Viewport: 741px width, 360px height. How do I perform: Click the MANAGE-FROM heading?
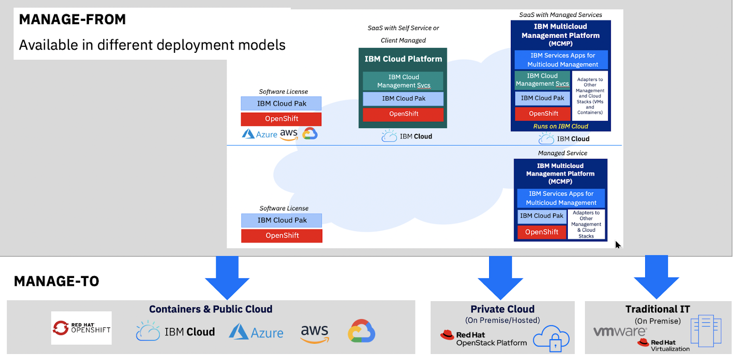[x=72, y=19]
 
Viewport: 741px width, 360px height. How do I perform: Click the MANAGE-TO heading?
[x=57, y=281]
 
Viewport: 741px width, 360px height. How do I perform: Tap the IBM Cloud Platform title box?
[x=403, y=59]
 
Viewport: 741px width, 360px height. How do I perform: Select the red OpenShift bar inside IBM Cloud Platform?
[x=403, y=114]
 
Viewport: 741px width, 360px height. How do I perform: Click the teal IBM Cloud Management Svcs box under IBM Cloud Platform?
[x=403, y=81]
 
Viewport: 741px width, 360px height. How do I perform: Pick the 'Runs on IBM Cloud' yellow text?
[x=560, y=126]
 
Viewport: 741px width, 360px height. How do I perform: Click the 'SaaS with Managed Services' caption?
[x=560, y=15]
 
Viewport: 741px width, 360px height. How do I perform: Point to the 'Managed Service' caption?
[x=562, y=153]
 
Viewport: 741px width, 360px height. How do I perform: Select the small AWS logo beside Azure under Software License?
[x=289, y=134]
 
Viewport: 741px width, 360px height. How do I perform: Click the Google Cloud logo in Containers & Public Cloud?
[x=361, y=331]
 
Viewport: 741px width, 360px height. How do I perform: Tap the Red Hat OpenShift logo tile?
[x=82, y=328]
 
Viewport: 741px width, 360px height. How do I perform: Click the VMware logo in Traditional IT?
[x=620, y=331]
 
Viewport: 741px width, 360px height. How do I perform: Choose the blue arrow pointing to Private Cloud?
[x=501, y=277]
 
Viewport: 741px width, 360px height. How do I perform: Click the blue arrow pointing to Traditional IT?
[x=656, y=276]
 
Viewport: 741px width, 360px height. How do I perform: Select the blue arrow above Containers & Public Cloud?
[x=227, y=277]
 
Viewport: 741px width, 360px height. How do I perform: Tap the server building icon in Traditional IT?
[x=706, y=331]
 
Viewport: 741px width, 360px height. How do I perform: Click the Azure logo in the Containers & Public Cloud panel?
[x=256, y=332]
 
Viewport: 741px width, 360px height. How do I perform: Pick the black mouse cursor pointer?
[x=618, y=245]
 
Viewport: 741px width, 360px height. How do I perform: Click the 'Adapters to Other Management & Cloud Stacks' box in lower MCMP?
[x=586, y=224]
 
